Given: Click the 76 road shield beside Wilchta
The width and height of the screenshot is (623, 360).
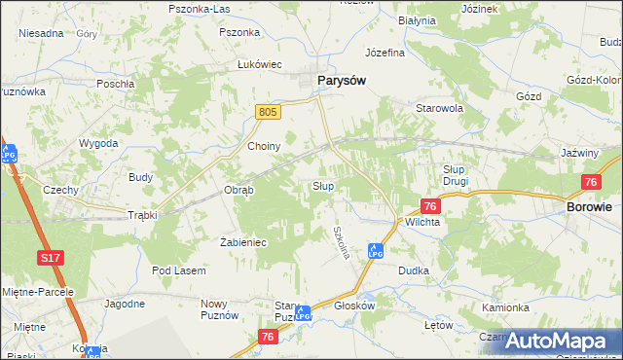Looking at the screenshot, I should [430, 205].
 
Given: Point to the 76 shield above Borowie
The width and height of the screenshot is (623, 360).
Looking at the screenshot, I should [590, 182].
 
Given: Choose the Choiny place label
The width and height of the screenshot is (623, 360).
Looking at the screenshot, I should [264, 147].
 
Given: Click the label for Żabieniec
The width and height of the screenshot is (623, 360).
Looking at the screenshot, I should [243, 242].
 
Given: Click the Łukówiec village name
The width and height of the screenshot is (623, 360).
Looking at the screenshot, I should [259, 64].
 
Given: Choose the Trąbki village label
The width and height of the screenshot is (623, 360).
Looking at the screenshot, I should [142, 215].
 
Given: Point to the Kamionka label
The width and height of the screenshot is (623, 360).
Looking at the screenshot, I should [505, 307].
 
